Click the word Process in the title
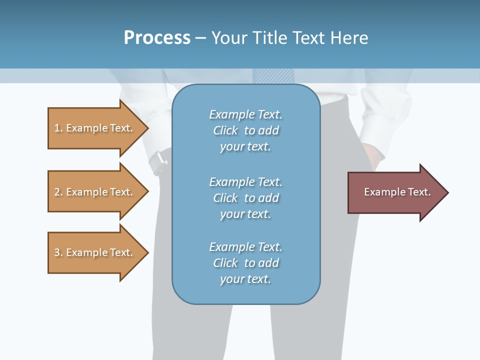(x=157, y=38)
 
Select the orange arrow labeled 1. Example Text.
(x=95, y=128)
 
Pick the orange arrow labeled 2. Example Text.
(x=95, y=192)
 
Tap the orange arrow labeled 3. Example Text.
(x=95, y=252)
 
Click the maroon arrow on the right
(x=395, y=192)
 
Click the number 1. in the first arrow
(x=58, y=128)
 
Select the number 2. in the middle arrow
(x=58, y=192)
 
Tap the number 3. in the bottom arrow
(x=58, y=252)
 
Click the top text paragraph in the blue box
(x=245, y=130)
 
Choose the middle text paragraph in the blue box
(x=245, y=198)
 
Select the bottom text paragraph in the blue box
(x=245, y=263)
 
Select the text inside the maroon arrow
(x=397, y=192)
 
